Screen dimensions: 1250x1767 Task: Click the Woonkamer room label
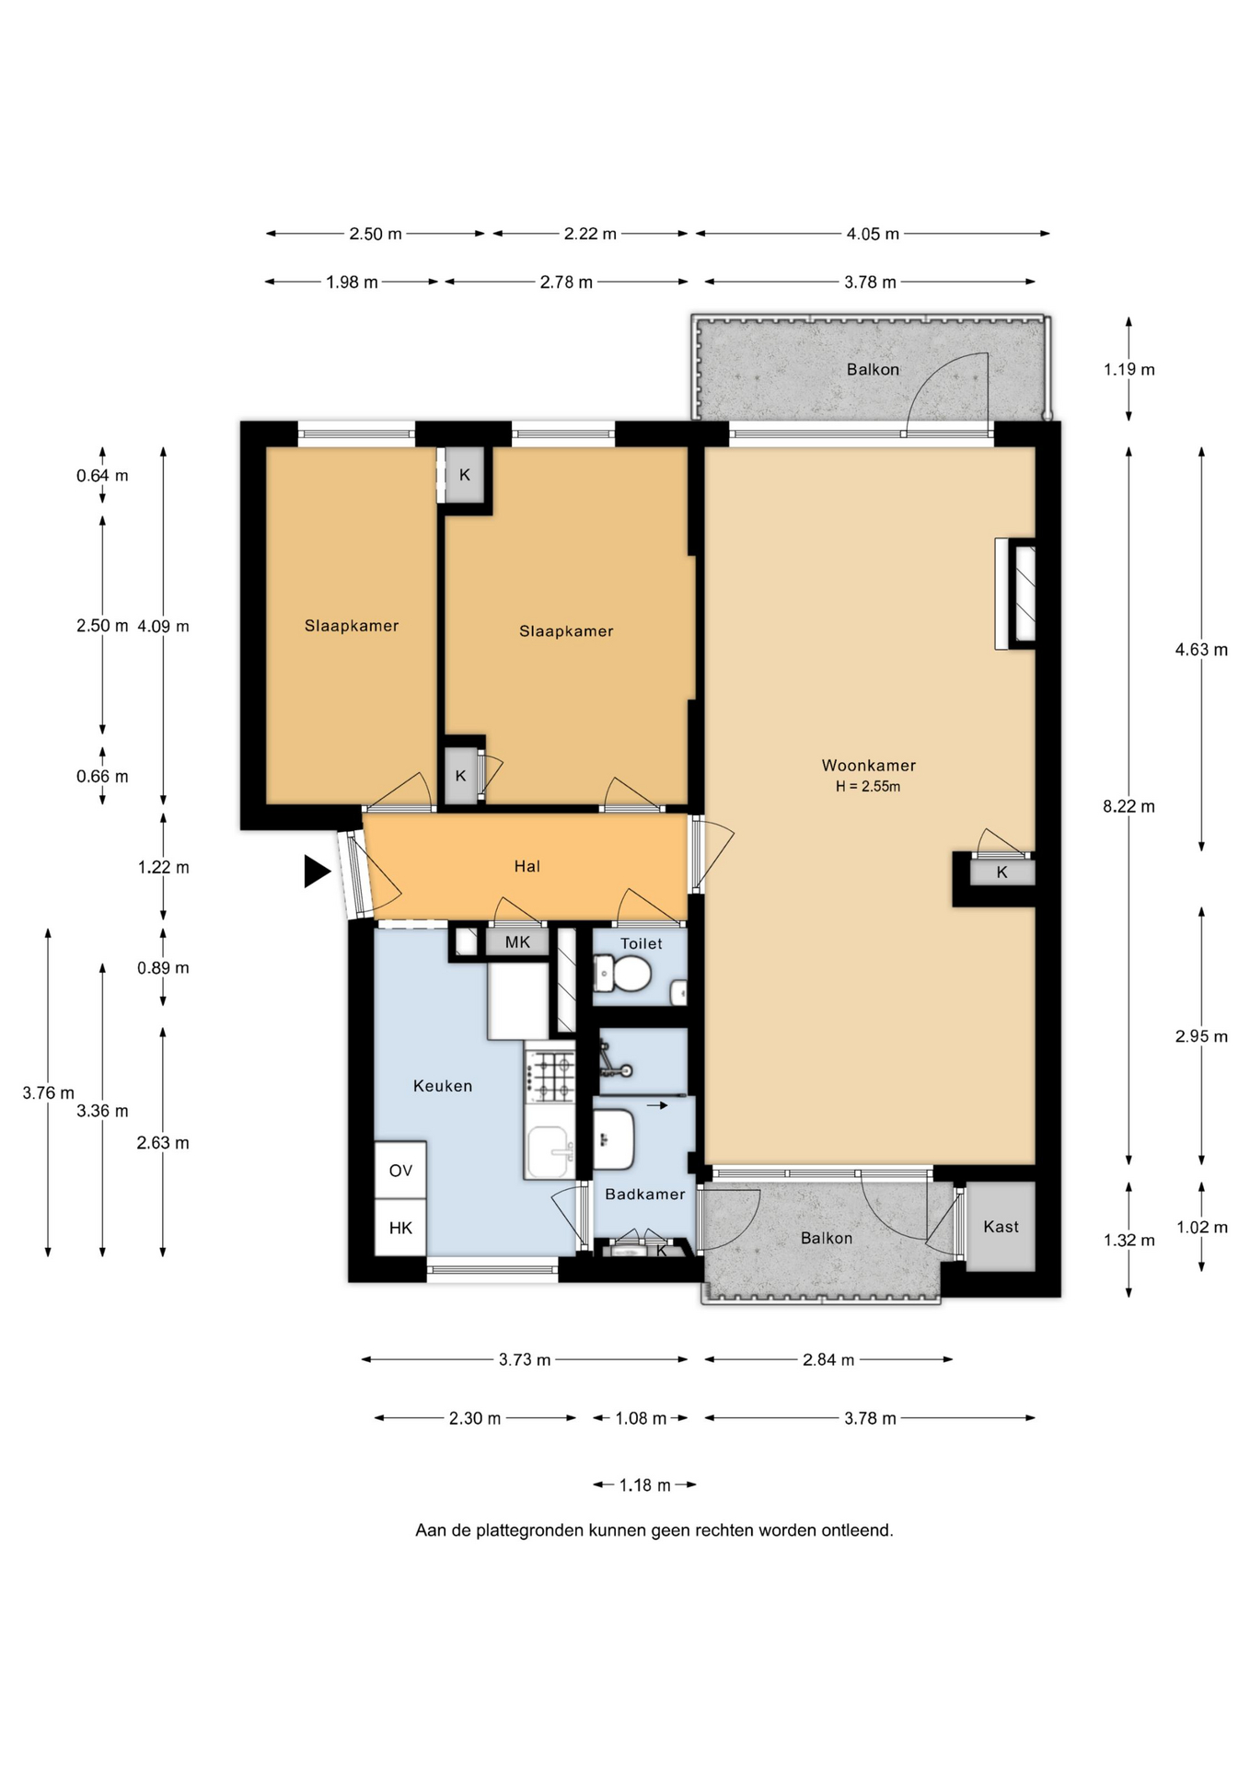click(868, 765)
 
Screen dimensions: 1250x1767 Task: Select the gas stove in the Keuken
click(550, 1077)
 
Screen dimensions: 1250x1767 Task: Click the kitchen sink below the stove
click(549, 1151)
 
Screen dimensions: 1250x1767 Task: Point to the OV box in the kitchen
click(400, 1171)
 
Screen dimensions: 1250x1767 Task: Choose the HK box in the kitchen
click(400, 1228)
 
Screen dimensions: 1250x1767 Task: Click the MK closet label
click(517, 942)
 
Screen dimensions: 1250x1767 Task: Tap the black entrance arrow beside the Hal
click(318, 871)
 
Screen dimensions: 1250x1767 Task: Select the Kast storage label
click(1001, 1227)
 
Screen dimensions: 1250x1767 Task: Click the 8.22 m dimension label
click(1128, 806)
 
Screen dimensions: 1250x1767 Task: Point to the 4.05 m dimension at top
click(873, 234)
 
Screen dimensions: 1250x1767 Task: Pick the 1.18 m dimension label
click(644, 1484)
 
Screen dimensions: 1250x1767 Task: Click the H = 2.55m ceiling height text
click(868, 787)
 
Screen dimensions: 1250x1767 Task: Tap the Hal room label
click(527, 866)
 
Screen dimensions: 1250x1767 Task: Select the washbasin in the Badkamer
click(613, 1138)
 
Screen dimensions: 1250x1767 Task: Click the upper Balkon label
click(873, 369)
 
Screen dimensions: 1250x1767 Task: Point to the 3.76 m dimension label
click(49, 1092)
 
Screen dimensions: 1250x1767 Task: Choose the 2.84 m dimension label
click(828, 1359)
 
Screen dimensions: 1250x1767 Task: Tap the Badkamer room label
click(644, 1195)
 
